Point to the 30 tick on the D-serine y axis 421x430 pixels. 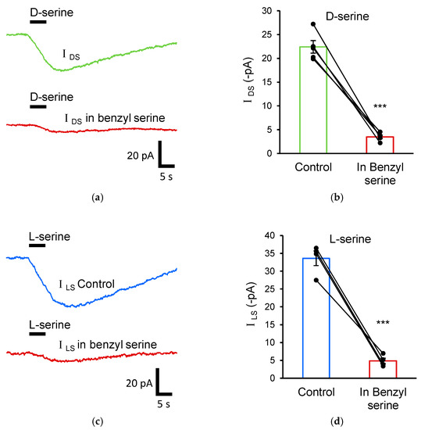tap(277, 11)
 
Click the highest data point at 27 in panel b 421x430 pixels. tap(313, 24)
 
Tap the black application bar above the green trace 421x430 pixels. tap(37, 22)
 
